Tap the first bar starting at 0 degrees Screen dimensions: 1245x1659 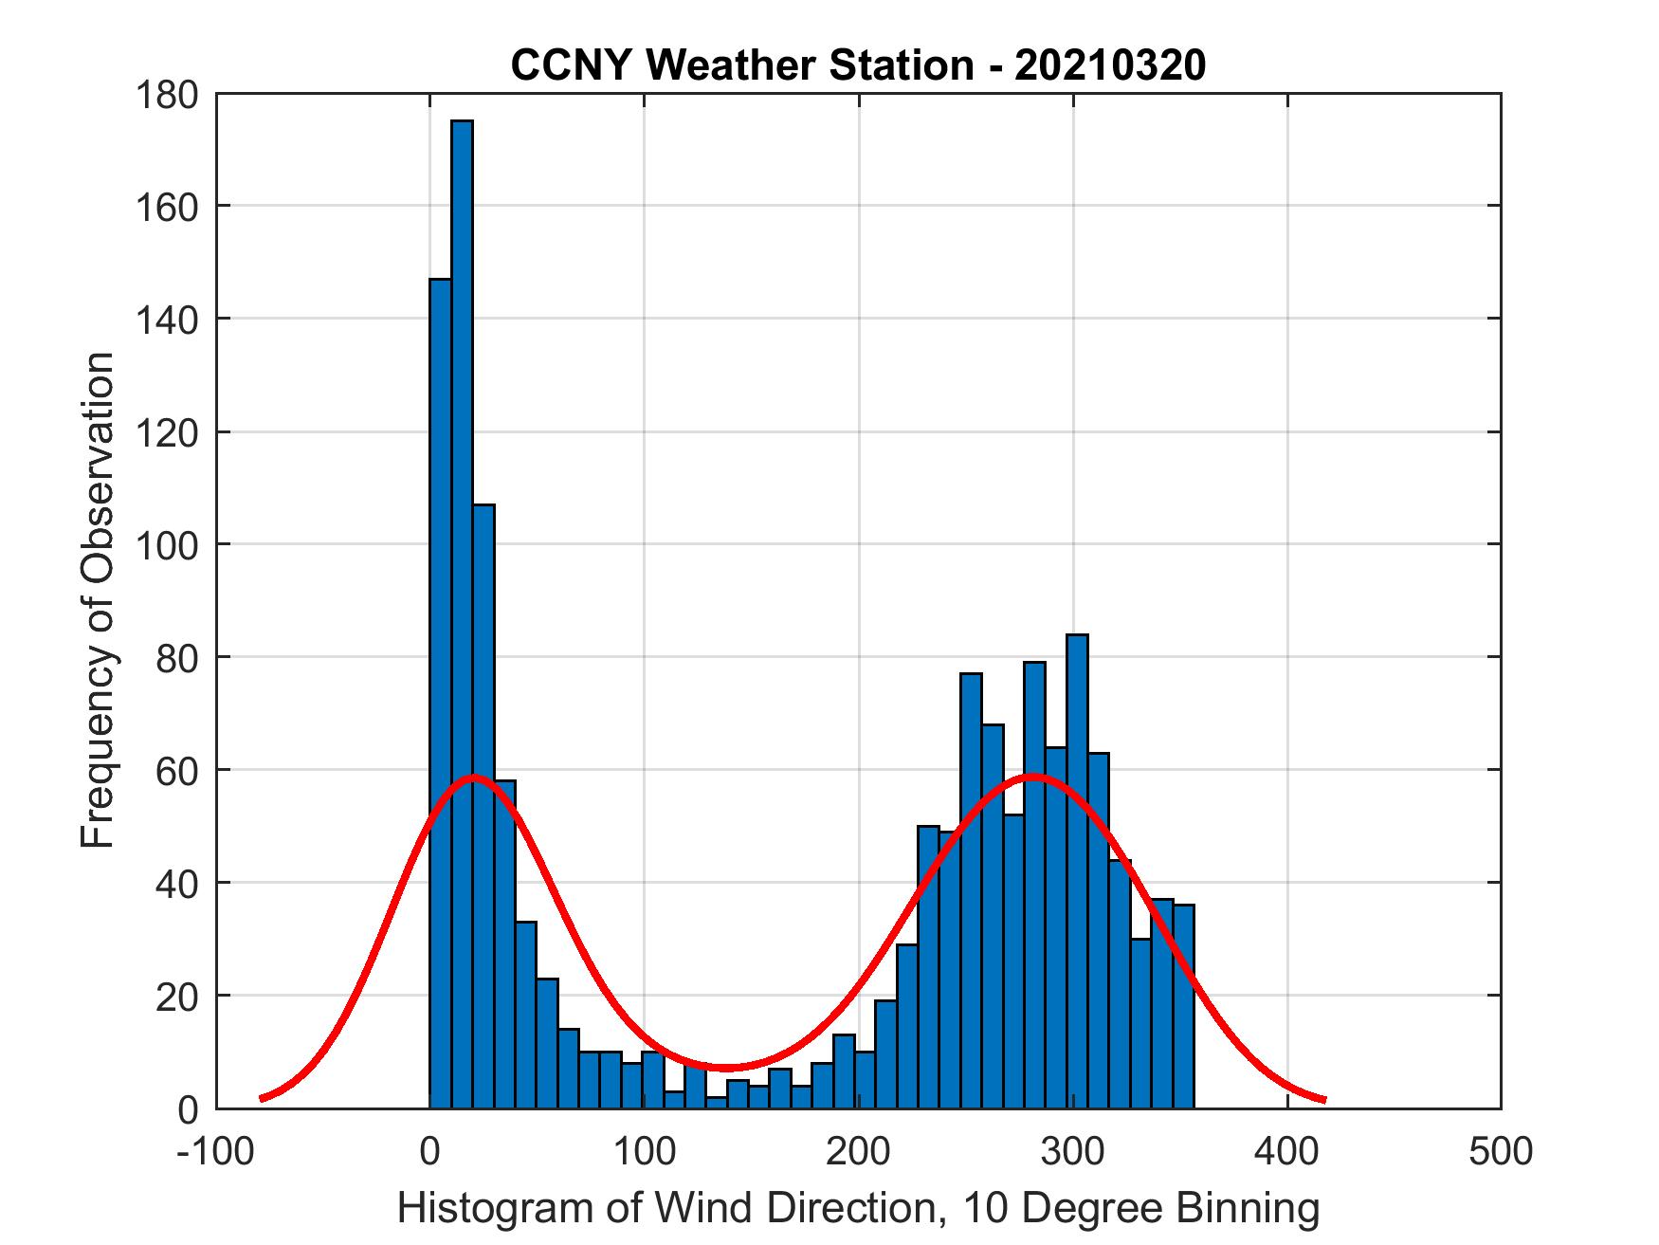[440, 692]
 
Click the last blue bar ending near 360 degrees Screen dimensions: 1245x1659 [1183, 1005]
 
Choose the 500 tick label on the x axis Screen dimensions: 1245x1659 [1500, 1151]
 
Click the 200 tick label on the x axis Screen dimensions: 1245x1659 [857, 1151]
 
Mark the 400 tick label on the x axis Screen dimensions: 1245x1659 [1286, 1151]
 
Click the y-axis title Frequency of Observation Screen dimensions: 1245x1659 [98, 601]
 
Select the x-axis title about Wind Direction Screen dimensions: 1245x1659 [857, 1208]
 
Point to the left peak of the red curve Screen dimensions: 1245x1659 [474, 778]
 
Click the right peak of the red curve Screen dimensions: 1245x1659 [1033, 778]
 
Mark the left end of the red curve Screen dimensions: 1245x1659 [262, 1098]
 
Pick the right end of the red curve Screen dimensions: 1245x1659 [1323, 1100]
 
